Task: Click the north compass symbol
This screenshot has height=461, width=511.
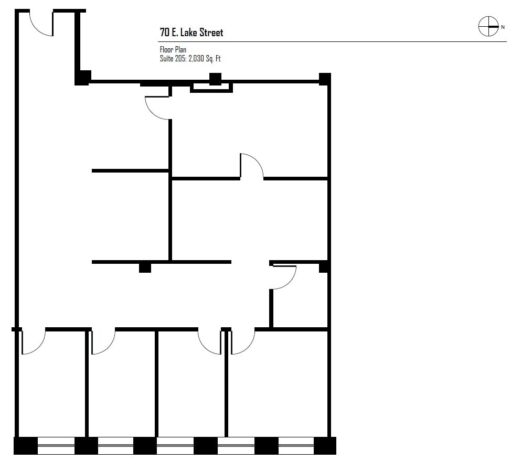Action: coord(488,27)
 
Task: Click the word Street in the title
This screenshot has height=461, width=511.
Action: coord(209,33)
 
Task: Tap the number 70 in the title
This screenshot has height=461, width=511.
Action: coord(165,33)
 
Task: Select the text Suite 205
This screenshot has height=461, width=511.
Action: coord(172,59)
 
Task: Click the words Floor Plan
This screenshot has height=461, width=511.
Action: coord(173,50)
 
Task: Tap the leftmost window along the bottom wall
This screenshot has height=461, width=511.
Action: coord(56,446)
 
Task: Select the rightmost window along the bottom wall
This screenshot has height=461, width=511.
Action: coord(296,446)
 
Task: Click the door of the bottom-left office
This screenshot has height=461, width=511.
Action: coord(33,342)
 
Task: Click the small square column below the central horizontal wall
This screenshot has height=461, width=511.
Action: coord(145,267)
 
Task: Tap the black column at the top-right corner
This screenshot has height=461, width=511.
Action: coord(325,79)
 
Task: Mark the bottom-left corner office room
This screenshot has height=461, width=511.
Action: coord(51,388)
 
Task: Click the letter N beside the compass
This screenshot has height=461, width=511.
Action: coord(503,27)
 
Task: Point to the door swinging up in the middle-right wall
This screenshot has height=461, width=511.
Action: coord(252,166)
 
